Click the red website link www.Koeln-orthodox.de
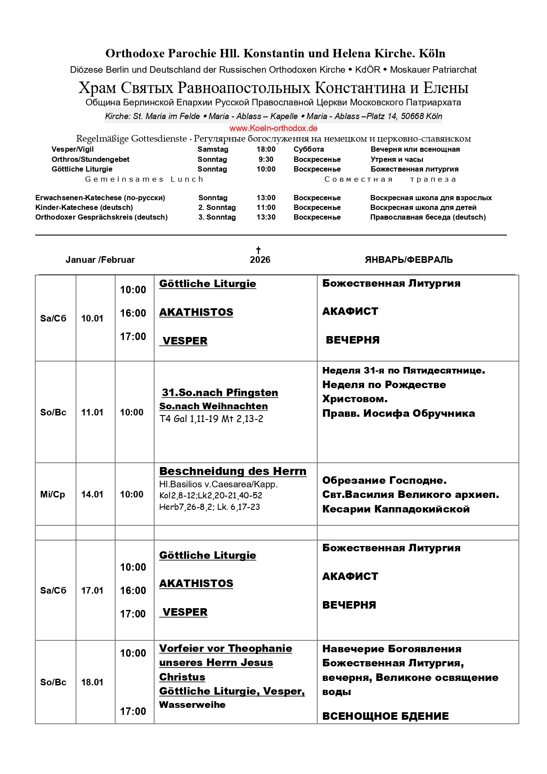click(273, 128)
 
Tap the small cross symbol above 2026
click(258, 250)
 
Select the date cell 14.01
click(92, 494)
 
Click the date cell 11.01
click(92, 412)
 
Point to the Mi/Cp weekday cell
click(52, 494)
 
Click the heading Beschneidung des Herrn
click(232, 471)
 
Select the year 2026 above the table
click(260, 260)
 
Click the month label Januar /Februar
click(100, 260)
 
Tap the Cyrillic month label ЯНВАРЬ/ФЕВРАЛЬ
click(409, 260)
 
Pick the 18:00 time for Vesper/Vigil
click(266, 150)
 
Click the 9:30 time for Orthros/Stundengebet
click(266, 159)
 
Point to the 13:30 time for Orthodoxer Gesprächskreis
click(266, 217)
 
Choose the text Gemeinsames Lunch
click(145, 179)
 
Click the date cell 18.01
click(92, 682)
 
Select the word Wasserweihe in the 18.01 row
click(192, 705)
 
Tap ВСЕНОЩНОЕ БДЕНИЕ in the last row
click(385, 716)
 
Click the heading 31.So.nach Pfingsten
click(220, 393)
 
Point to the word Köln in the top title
click(432, 53)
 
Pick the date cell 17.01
click(92, 591)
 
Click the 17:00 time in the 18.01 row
click(133, 711)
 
